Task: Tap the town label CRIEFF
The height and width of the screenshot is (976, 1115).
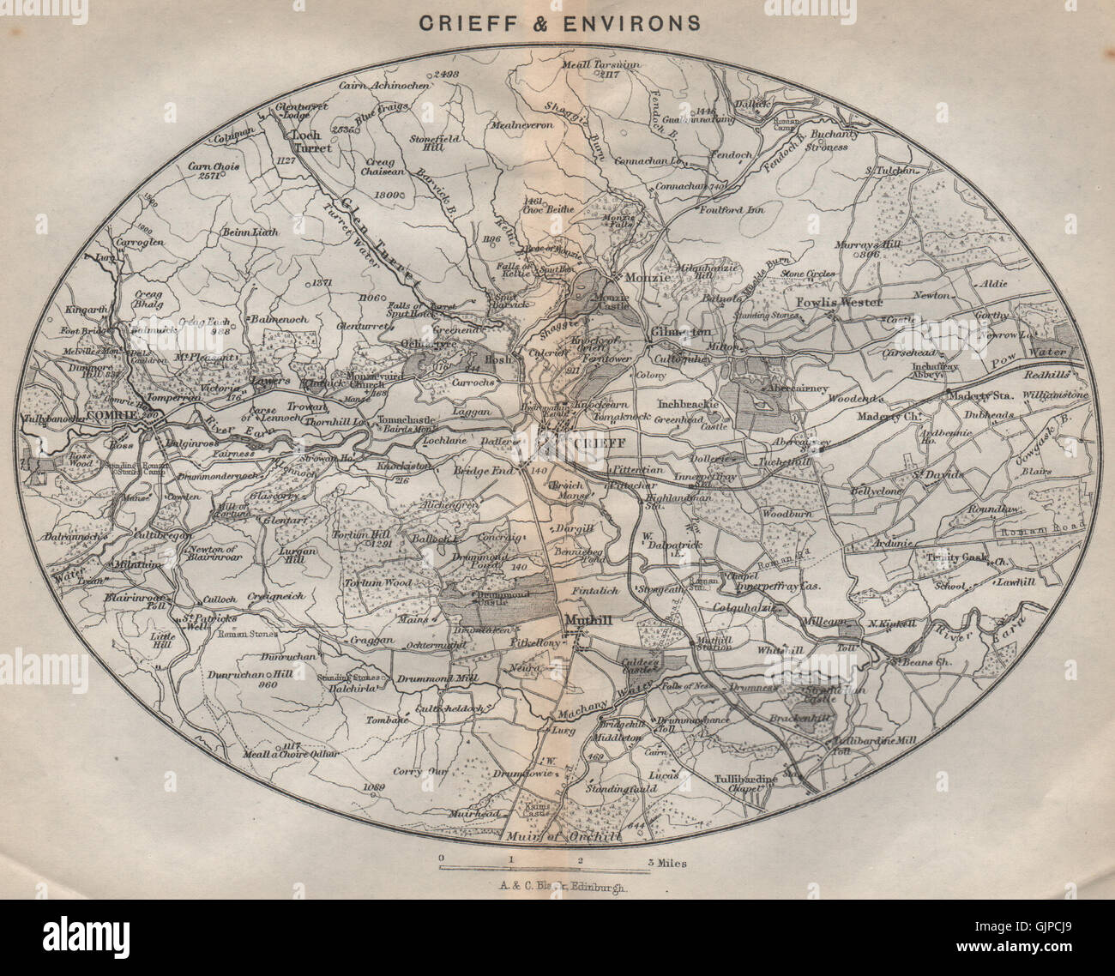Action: coord(582,442)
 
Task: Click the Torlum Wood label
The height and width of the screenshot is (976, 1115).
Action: coord(377,583)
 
